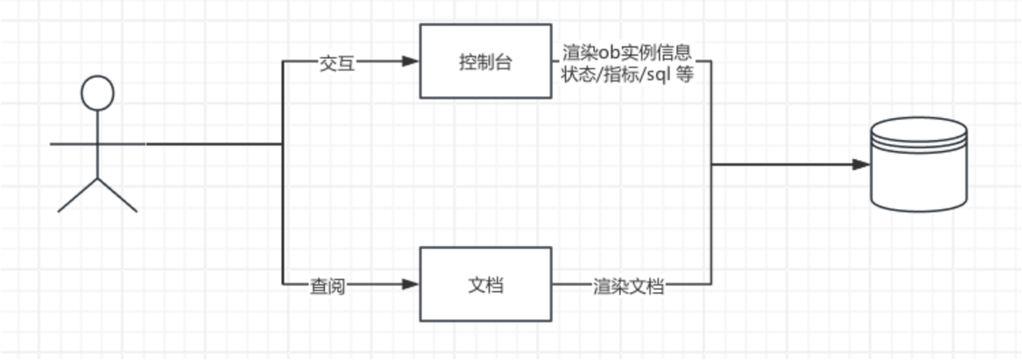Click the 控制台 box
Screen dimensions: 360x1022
pos(485,61)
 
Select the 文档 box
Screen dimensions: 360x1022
pos(485,284)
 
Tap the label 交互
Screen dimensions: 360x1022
pos(338,62)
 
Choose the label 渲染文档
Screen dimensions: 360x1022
pos(629,285)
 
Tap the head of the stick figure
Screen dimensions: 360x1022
pos(97,92)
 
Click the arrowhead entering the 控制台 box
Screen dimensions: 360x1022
pos(409,62)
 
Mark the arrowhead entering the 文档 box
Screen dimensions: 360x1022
pos(409,285)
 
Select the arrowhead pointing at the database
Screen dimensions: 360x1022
pos(860,165)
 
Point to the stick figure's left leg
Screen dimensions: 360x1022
pos(77,195)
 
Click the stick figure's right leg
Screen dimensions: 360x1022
pos(118,195)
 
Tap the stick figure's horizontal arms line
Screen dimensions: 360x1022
pos(98,144)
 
